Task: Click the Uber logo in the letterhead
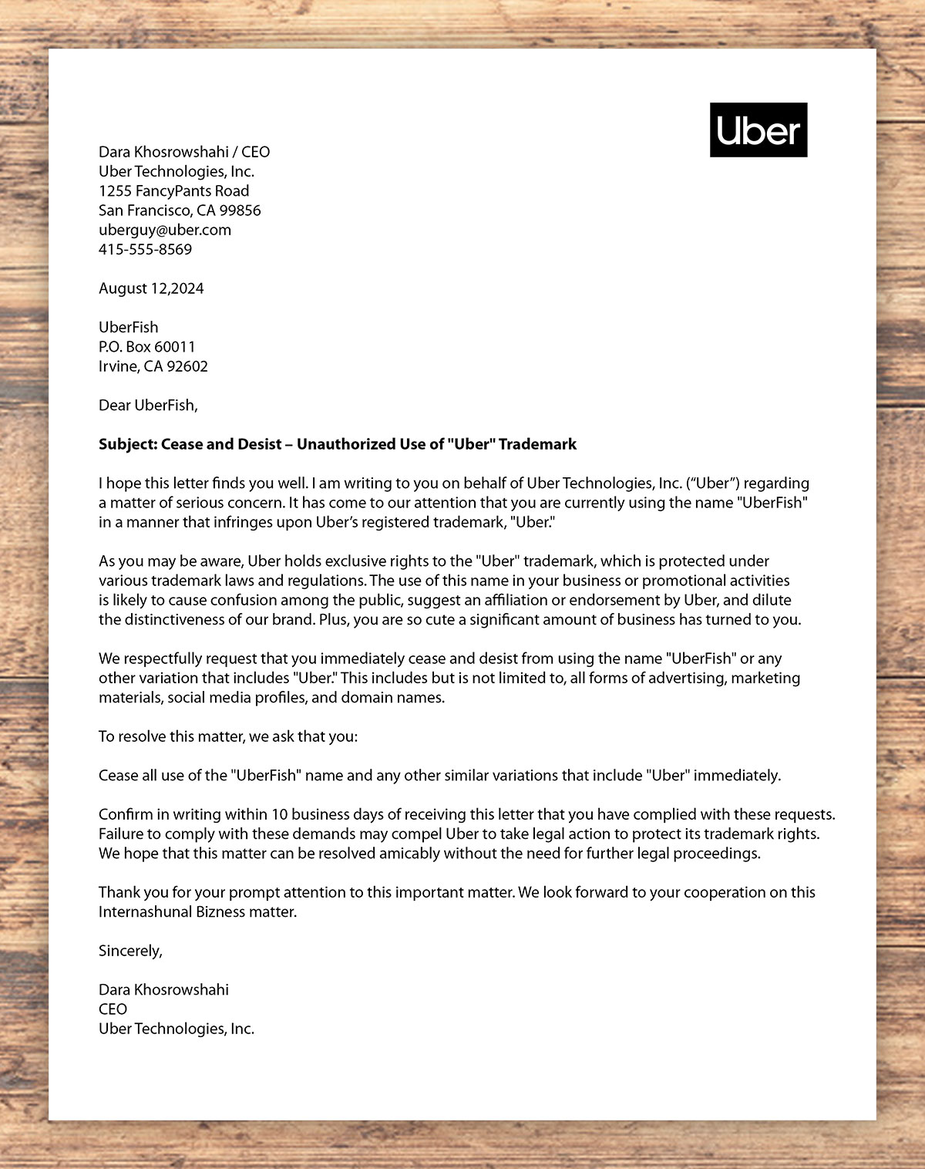(758, 130)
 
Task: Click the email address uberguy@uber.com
(165, 230)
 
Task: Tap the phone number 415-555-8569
(145, 249)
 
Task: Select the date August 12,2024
(151, 288)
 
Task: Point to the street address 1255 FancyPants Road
(173, 190)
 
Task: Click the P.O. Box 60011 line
(146, 346)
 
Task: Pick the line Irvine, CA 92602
(153, 366)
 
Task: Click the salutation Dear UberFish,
(148, 405)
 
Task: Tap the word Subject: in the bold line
(127, 444)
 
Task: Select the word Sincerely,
(130, 951)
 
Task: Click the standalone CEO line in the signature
(113, 1009)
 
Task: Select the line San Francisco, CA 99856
(180, 210)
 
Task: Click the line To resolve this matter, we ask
(228, 736)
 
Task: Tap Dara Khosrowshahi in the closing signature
(163, 989)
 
